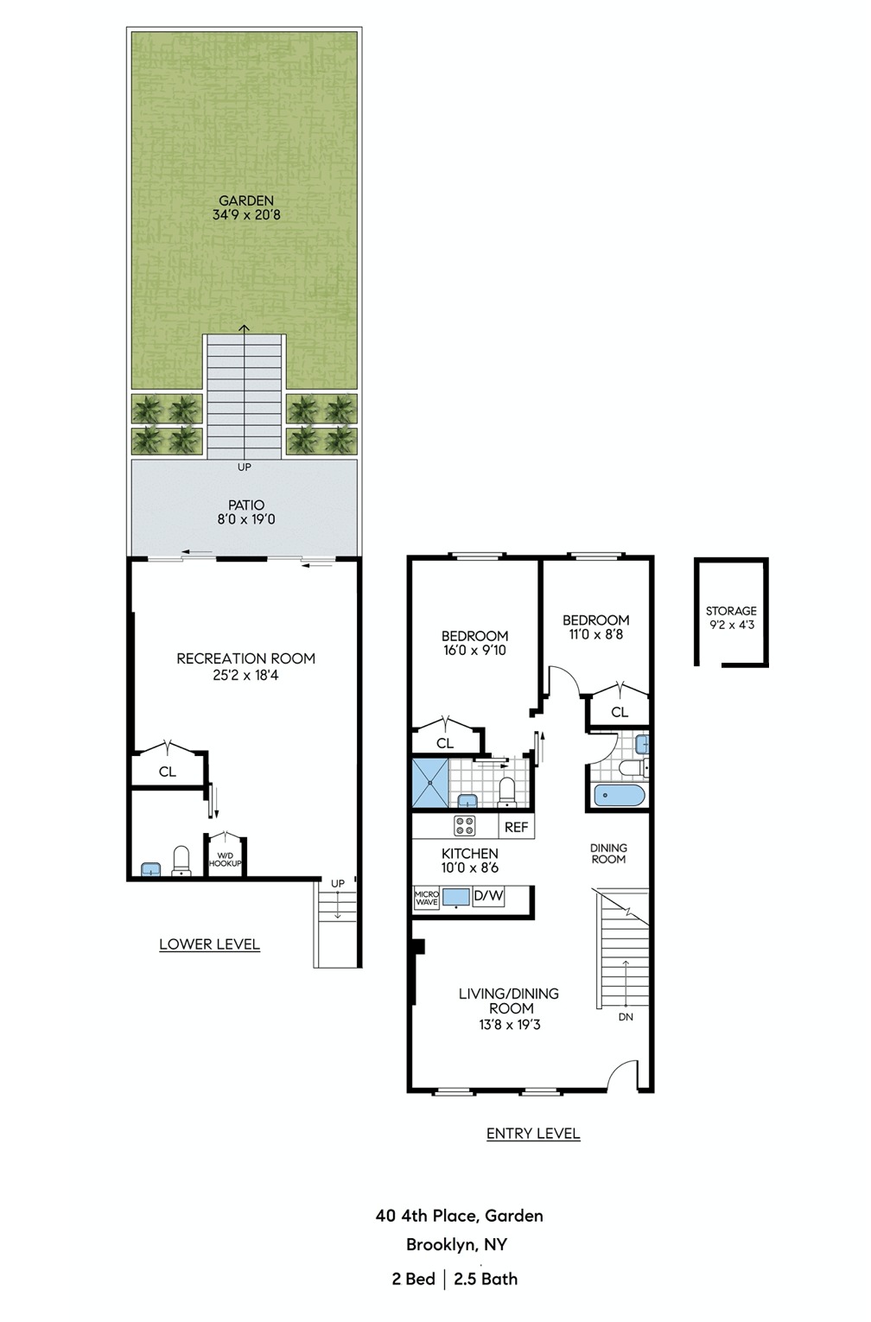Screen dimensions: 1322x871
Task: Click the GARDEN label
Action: tap(246, 200)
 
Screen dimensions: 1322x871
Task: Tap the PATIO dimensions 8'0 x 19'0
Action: tap(246, 520)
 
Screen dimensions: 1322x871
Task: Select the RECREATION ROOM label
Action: tap(245, 658)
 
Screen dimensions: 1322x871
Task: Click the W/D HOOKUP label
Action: tap(226, 860)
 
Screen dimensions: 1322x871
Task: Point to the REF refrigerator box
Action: tap(516, 827)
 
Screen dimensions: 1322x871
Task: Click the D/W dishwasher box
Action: tap(488, 896)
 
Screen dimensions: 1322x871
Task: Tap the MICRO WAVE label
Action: tap(427, 899)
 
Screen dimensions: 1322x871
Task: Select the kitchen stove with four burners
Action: tap(465, 825)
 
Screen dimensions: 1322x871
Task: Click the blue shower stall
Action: tap(430, 783)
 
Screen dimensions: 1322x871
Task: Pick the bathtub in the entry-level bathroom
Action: tap(619, 796)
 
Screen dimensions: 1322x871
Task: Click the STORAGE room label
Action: tap(731, 611)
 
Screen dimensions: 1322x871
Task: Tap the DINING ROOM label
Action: tap(608, 854)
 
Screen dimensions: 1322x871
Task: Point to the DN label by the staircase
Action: tap(626, 1017)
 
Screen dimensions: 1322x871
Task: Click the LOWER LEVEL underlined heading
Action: tap(209, 944)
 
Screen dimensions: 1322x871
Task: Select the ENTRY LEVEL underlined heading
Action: tap(533, 1134)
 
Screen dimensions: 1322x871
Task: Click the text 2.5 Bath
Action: tap(486, 1280)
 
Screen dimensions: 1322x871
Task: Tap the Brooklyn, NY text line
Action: tap(456, 1245)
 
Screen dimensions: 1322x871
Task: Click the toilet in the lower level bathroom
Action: tap(181, 861)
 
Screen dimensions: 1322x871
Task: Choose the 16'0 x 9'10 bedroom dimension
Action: tap(474, 651)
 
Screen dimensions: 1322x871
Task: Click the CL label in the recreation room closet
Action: tap(168, 772)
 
